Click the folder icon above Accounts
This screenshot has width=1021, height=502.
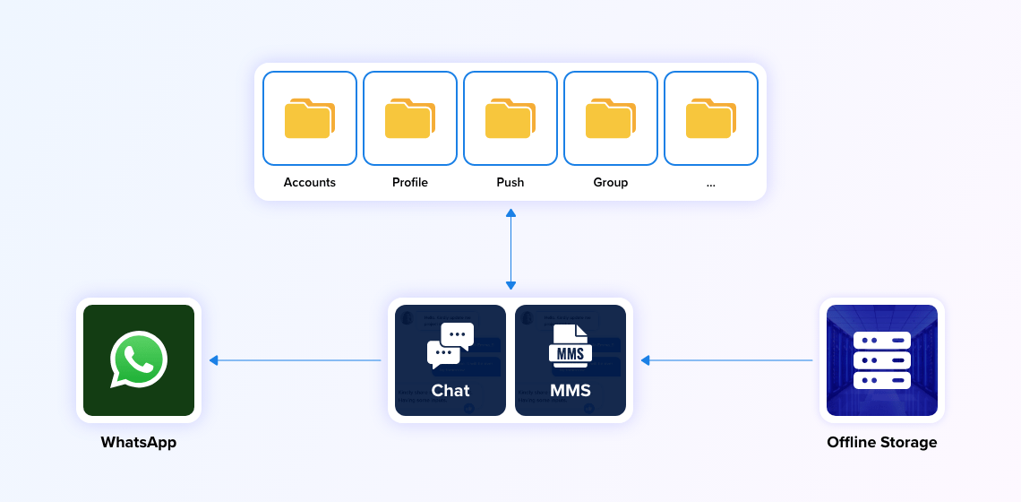click(x=310, y=119)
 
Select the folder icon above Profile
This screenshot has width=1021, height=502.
click(x=410, y=119)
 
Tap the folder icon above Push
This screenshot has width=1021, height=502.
click(x=510, y=119)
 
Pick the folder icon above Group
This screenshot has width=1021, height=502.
click(x=611, y=119)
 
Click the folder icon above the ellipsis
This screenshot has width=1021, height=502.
click(x=711, y=119)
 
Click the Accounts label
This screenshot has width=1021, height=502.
click(x=310, y=182)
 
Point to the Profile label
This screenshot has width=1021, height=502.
click(x=410, y=182)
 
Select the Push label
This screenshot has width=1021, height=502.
click(x=510, y=182)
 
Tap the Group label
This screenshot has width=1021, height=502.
click(x=611, y=182)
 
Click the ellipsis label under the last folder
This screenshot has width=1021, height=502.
click(x=711, y=183)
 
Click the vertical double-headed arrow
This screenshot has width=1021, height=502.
click(x=510, y=249)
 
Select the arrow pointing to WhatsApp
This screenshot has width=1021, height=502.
click(x=296, y=360)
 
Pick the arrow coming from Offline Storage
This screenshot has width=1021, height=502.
click(x=726, y=360)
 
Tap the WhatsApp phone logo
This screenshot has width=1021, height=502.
click(x=139, y=359)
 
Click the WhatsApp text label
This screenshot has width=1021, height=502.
click(x=139, y=442)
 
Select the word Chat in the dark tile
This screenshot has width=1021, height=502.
click(x=450, y=390)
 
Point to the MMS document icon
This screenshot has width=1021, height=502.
click(x=570, y=347)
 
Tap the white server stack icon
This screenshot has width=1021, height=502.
click(x=882, y=360)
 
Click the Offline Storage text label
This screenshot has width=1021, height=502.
click(x=882, y=442)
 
